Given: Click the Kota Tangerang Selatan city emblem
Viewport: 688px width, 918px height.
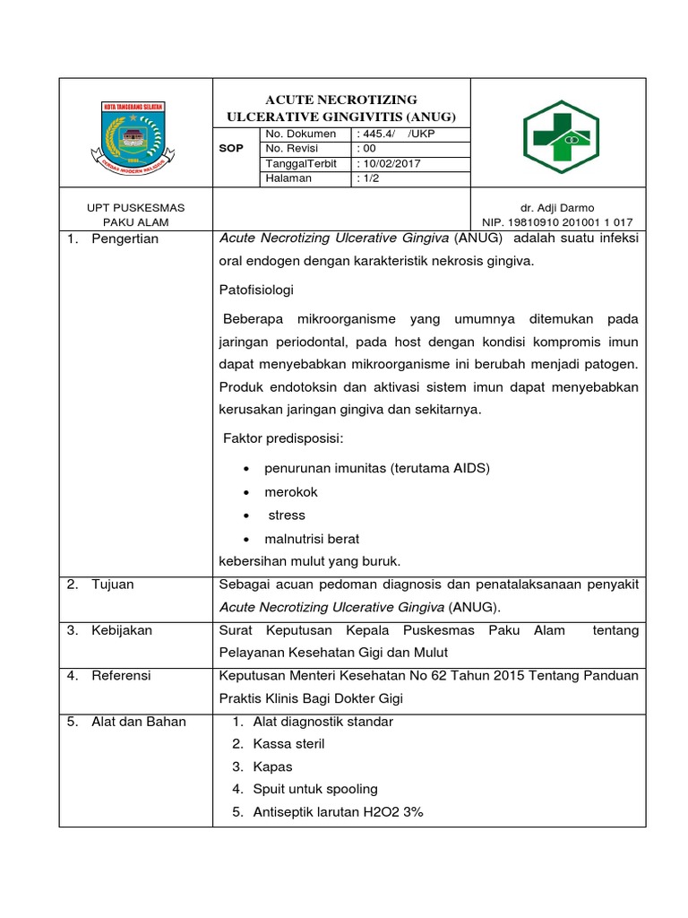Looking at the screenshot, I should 135,134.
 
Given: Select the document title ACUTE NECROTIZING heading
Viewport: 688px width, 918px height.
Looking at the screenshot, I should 341,100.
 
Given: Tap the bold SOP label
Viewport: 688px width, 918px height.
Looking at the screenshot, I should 231,149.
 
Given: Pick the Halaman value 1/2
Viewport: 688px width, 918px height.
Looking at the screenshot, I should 369,178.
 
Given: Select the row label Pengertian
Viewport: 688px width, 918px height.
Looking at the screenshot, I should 125,238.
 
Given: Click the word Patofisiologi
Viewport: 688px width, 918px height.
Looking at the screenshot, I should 256,290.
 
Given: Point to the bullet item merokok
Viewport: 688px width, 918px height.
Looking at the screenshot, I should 290,492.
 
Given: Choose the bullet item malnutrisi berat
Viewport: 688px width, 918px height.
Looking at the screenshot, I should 312,539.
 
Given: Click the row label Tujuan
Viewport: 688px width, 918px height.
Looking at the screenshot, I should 113,585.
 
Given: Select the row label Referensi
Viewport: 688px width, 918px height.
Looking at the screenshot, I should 121,675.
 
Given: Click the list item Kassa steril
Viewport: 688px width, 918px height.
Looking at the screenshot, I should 288,744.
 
